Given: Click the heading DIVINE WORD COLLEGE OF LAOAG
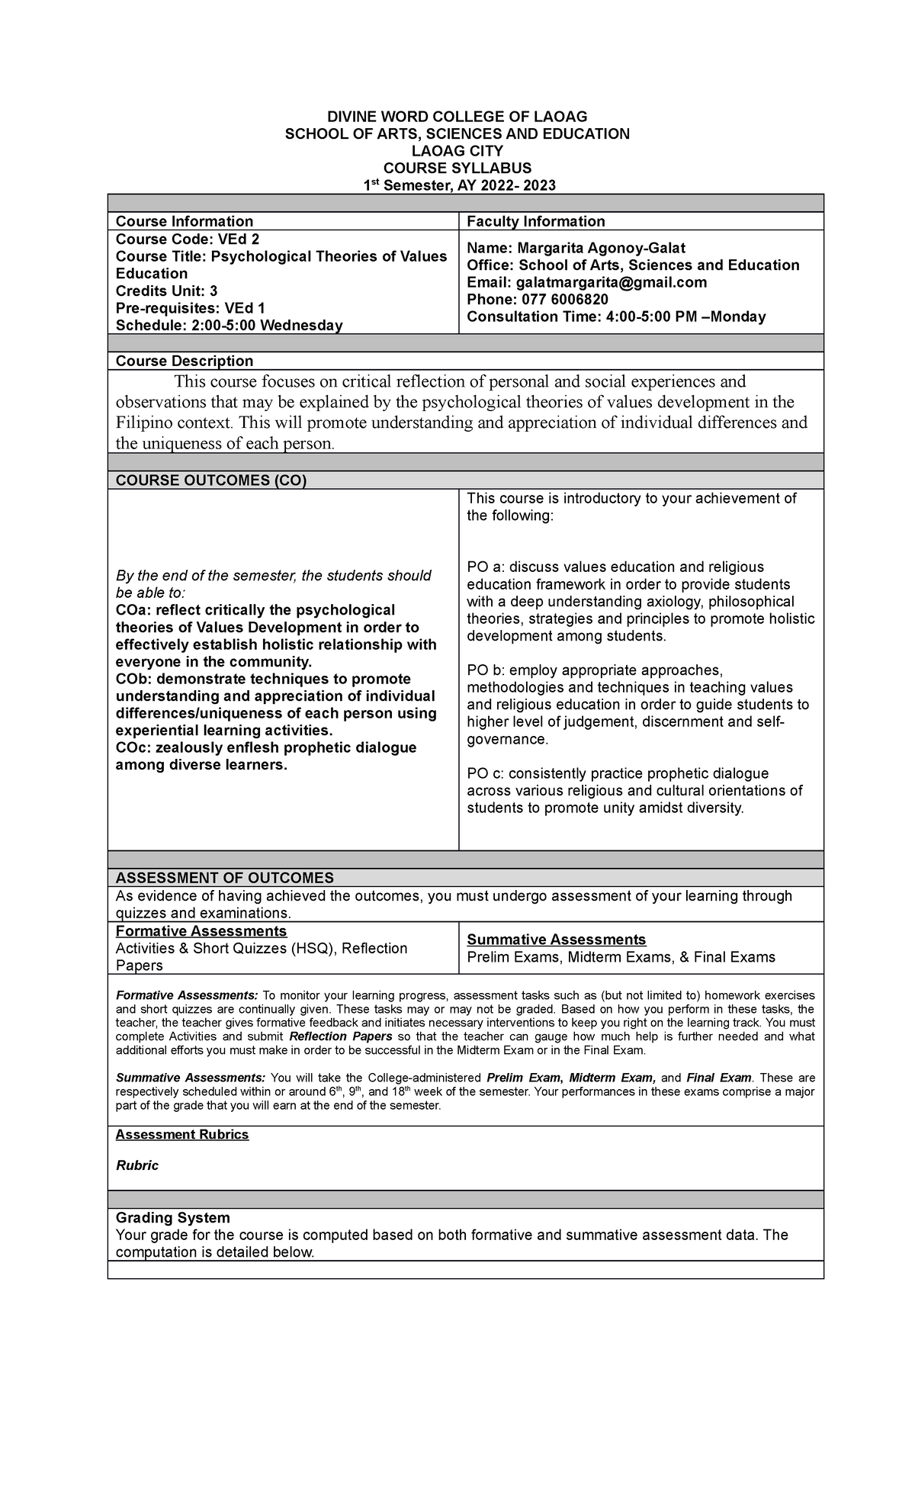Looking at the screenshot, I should [x=457, y=117].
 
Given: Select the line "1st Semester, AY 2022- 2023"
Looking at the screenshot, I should [x=457, y=185].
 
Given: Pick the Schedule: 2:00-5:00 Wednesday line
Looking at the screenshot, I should [x=229, y=326].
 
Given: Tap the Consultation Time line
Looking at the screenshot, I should [x=616, y=317].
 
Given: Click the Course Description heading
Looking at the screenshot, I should [x=184, y=361].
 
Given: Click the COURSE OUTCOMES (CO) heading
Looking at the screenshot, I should [x=210, y=480].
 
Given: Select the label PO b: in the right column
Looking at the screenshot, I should [x=486, y=670].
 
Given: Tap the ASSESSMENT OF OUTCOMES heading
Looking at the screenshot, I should [x=224, y=878].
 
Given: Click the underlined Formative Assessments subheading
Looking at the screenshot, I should [x=201, y=931].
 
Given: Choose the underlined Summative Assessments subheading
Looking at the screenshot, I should [x=556, y=940].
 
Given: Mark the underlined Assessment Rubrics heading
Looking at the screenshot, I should [x=181, y=1135].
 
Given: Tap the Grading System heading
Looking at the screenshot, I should [x=172, y=1218].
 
